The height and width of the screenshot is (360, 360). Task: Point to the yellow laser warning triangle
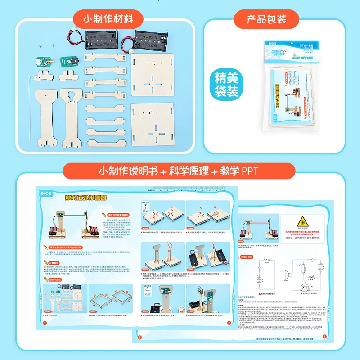300,221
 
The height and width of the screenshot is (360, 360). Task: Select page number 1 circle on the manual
45,323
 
